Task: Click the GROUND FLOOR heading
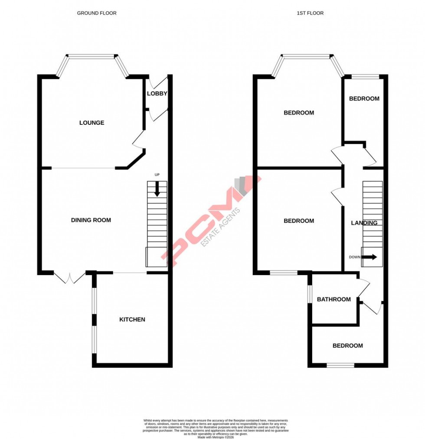click(x=97, y=13)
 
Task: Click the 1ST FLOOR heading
click(x=310, y=13)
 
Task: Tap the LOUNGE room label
click(x=92, y=123)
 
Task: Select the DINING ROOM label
click(x=91, y=220)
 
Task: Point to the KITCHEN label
click(x=132, y=319)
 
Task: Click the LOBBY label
click(x=157, y=94)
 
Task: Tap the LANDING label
click(x=364, y=223)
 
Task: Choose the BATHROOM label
click(x=333, y=299)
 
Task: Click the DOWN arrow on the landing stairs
click(x=369, y=257)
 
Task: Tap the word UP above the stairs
click(x=157, y=175)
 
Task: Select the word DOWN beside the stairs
click(x=355, y=257)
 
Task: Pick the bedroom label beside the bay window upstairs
click(x=299, y=113)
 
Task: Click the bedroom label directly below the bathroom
click(x=348, y=345)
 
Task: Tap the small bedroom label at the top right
click(x=364, y=98)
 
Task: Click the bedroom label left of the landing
click(x=299, y=221)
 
